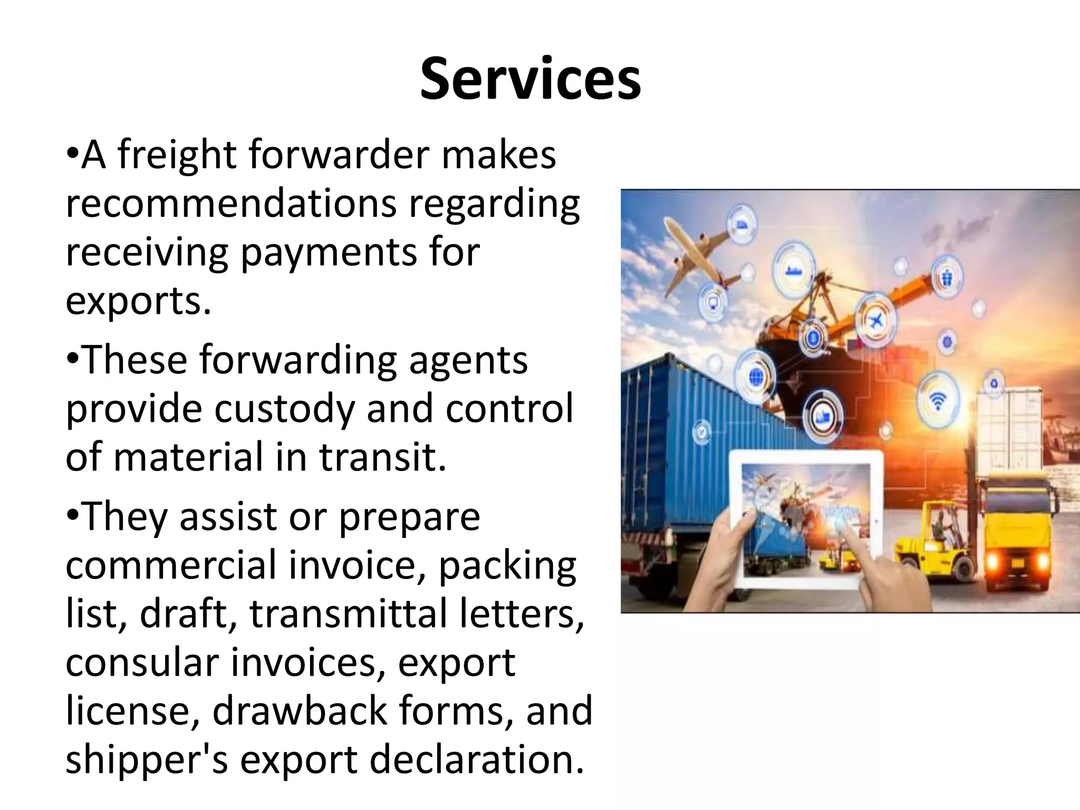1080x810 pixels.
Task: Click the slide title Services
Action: pyautogui.click(x=530, y=80)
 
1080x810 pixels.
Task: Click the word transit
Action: pyautogui.click(x=382, y=457)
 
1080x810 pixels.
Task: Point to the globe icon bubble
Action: pyautogui.click(x=756, y=377)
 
